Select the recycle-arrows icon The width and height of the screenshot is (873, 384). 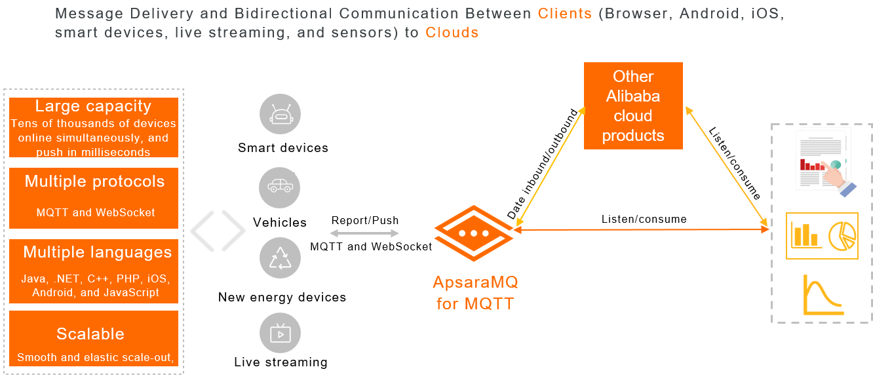(281, 258)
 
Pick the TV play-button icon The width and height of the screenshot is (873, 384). (281, 333)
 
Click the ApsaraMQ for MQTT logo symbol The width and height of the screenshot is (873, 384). (473, 234)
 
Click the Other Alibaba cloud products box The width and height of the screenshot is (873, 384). (633, 106)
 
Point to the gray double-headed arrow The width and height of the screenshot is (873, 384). (364, 233)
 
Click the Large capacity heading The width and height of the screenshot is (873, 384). (93, 107)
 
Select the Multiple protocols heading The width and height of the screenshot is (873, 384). (94, 182)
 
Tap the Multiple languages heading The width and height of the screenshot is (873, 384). (97, 252)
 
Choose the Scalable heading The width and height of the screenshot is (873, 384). (90, 334)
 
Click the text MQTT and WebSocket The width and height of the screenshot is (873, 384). (96, 212)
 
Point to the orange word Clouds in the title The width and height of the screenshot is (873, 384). (452, 32)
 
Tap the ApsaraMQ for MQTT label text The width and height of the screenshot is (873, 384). (475, 293)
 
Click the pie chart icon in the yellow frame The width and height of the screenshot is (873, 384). (842, 235)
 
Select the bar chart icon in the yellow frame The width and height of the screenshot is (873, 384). (805, 235)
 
